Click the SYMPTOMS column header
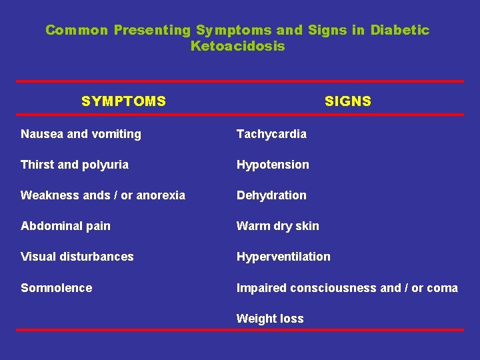123,101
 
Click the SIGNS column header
347,101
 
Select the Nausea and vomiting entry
81,134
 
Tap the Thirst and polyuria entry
75,165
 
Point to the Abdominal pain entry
65,226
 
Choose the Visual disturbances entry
77,257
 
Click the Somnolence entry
56,288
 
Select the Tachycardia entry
271,134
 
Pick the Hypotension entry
273,165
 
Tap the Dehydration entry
271,195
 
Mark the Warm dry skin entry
277,226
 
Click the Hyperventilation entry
283,257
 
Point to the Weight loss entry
269,319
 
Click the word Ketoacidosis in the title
237,46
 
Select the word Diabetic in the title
400,30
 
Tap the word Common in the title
77,30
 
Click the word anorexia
161,195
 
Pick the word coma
442,288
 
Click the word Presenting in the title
152,30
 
